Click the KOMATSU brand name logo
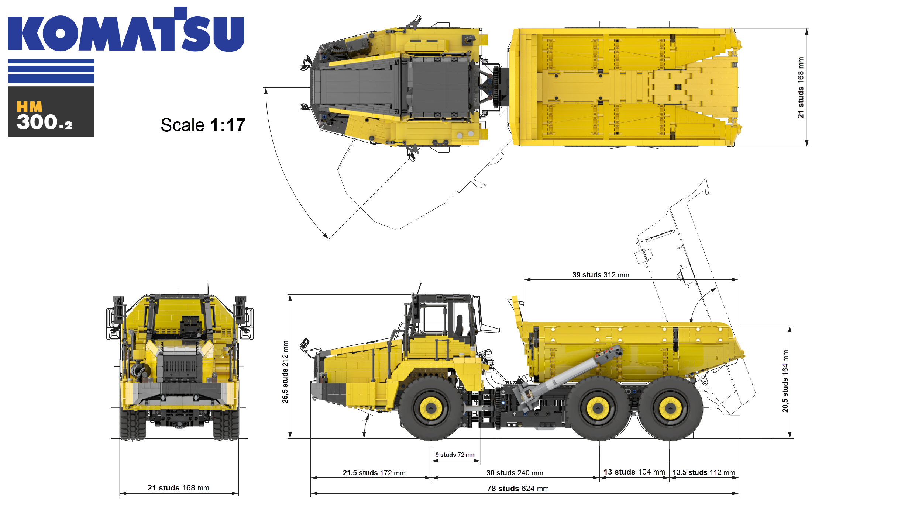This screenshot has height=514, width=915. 126,29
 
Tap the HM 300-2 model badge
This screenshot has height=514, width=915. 51,112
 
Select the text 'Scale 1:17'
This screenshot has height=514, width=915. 203,125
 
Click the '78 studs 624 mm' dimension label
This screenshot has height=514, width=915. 518,489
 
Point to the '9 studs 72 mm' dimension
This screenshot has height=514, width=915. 455,455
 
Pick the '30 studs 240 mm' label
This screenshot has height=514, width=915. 515,473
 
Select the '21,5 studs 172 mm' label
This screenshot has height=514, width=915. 374,473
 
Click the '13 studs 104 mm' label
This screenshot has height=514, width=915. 634,472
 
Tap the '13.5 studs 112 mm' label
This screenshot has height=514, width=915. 704,472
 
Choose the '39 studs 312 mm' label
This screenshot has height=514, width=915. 601,275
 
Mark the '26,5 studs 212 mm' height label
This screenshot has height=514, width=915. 285,372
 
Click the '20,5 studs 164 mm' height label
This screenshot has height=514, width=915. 785,381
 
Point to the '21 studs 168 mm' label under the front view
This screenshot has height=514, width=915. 178,488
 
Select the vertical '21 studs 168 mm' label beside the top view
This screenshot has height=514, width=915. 800,87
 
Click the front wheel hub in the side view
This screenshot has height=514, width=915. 430,408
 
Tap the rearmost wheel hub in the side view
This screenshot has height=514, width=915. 670,408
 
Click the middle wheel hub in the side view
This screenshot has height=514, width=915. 598,408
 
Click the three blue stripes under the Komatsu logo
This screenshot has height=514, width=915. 51,71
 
